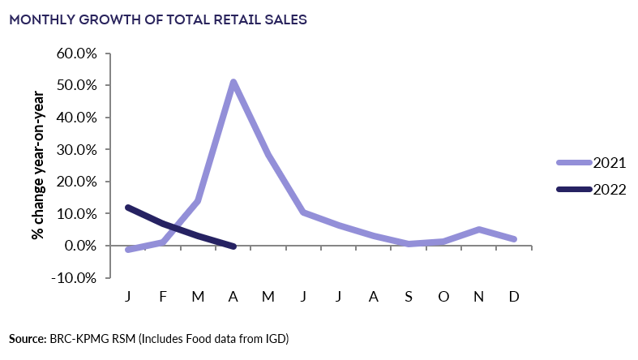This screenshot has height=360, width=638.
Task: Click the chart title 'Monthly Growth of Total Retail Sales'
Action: coord(158,20)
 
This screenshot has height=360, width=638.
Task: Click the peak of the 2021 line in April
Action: coord(233,82)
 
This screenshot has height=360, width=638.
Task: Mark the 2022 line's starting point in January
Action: coord(128,208)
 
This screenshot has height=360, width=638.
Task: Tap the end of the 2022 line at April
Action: coord(233,246)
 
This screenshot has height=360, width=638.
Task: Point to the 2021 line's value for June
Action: coord(303,212)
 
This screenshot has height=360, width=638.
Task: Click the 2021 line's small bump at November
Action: coord(479,229)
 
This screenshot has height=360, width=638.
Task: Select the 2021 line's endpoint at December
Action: coord(514,239)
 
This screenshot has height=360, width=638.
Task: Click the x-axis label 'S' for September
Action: coord(409,297)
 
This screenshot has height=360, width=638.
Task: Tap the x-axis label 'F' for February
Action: coord(163,297)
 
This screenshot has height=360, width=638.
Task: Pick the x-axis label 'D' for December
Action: coord(514,297)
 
